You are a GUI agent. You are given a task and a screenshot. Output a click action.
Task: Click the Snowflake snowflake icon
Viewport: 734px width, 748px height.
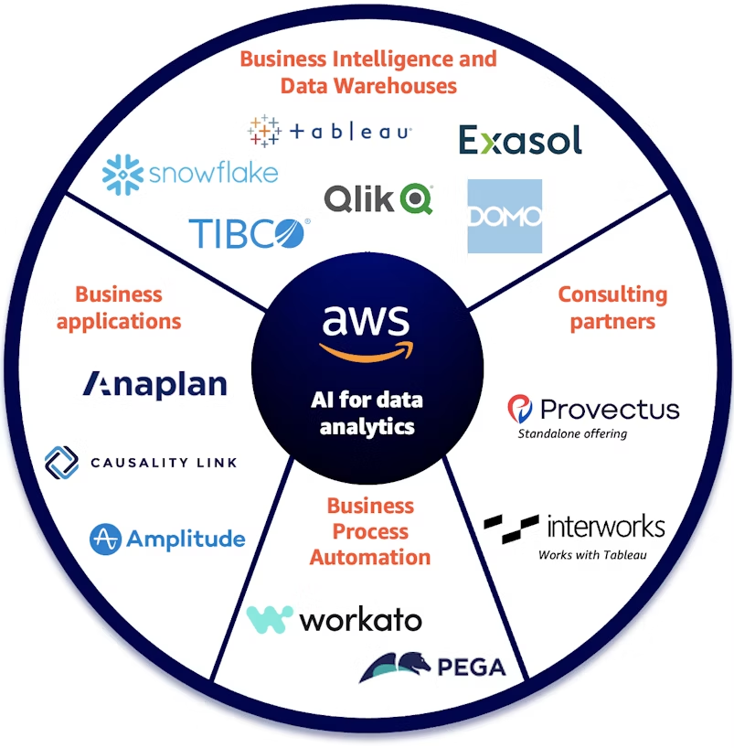[122, 175]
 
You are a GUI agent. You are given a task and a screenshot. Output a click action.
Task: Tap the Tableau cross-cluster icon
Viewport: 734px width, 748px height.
[264, 131]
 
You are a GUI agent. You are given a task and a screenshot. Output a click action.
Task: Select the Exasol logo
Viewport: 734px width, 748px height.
[520, 140]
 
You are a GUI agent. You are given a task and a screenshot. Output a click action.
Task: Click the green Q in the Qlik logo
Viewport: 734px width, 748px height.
[417, 199]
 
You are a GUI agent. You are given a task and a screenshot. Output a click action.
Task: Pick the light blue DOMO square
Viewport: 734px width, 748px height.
[505, 216]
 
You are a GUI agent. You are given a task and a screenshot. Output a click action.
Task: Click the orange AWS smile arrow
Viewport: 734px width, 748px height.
[367, 352]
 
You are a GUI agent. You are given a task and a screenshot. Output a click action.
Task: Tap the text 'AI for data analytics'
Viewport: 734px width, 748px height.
[367, 413]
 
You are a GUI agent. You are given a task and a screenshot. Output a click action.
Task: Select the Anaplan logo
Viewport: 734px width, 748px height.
[155, 386]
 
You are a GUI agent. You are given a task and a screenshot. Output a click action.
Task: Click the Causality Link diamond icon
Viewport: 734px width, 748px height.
[61, 463]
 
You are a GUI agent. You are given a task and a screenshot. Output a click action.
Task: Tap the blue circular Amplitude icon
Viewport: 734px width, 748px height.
[105, 540]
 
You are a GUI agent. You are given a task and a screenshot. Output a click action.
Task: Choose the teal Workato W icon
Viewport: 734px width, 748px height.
[270, 619]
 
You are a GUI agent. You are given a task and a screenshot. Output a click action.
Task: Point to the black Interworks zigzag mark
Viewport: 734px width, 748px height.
[511, 529]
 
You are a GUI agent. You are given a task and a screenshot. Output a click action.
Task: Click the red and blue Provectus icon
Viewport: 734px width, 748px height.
[520, 409]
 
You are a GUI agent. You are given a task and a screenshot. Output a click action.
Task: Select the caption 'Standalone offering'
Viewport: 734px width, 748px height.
[572, 433]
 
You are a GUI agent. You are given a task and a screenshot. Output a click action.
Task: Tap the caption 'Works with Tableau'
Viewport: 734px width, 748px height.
[592, 555]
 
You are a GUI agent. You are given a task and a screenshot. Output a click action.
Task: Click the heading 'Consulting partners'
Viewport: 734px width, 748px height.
[612, 308]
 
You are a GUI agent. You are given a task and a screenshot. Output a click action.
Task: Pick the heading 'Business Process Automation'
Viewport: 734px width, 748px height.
[370, 531]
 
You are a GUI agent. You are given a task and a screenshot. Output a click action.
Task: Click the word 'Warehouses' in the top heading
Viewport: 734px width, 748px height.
[395, 86]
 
